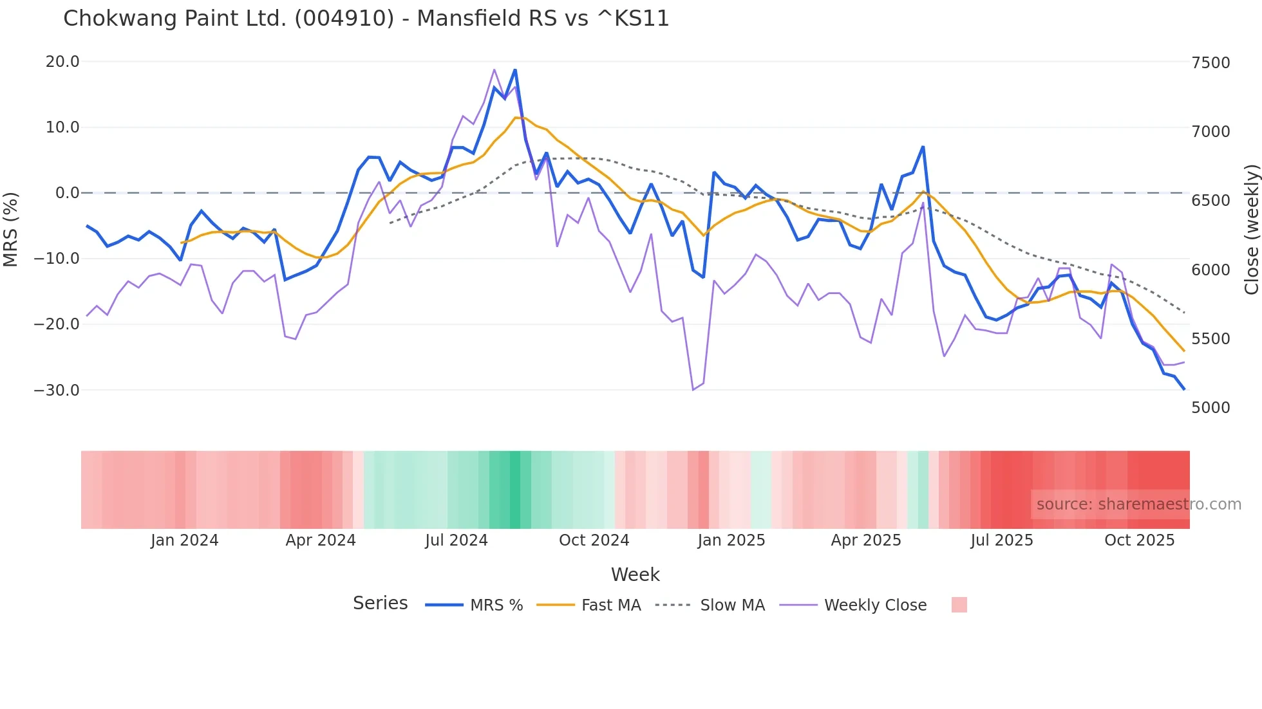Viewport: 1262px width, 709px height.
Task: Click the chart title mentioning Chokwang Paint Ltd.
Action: (x=366, y=19)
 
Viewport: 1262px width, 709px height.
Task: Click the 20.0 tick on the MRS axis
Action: (x=62, y=62)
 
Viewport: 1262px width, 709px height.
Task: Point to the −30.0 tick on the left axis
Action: (x=57, y=391)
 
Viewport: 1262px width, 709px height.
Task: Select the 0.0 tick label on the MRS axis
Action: (x=67, y=193)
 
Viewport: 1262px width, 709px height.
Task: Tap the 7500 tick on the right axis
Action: (x=1210, y=63)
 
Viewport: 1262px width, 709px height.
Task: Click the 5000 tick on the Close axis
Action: (x=1210, y=408)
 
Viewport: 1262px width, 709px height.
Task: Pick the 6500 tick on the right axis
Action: (x=1210, y=201)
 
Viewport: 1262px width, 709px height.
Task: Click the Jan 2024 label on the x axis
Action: (x=185, y=540)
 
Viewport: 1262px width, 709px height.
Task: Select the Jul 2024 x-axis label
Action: (x=457, y=540)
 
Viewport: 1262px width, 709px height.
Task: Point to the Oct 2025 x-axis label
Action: (x=1140, y=540)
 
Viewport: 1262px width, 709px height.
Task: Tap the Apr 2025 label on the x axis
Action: (x=866, y=540)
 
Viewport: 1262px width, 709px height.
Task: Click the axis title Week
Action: (x=635, y=575)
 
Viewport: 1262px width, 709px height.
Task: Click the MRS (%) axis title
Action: (x=11, y=229)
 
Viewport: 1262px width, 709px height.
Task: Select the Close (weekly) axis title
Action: (x=1252, y=229)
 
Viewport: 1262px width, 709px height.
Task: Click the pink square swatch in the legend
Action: (x=959, y=605)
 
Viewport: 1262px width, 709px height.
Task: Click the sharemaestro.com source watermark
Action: (x=1138, y=504)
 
